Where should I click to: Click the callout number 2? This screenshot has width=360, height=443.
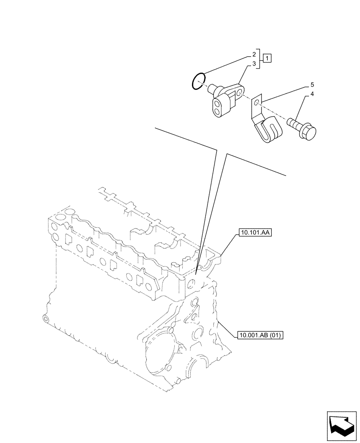tap(254, 54)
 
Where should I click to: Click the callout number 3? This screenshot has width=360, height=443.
tap(254, 64)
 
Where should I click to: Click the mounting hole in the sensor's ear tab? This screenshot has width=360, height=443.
tap(240, 93)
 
